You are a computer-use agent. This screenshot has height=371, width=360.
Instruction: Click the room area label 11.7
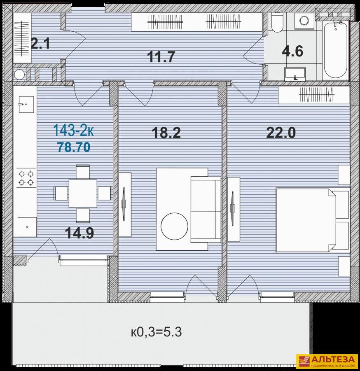pyautogui.click(x=161, y=57)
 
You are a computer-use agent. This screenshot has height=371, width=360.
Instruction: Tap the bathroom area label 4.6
pyautogui.click(x=292, y=51)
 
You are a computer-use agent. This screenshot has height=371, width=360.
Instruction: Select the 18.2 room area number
pyautogui.click(x=166, y=133)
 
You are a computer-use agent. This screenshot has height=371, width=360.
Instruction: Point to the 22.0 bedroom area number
pyautogui.click(x=281, y=133)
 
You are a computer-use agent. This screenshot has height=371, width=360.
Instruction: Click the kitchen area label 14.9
pyautogui.click(x=79, y=233)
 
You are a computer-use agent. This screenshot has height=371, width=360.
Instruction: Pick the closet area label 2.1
pyautogui.click(x=40, y=44)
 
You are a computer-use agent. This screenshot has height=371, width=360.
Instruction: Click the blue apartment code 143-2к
pyautogui.click(x=74, y=130)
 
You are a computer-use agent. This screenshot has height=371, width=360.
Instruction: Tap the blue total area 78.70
pyautogui.click(x=74, y=147)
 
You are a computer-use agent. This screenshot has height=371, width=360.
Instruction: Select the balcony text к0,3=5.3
pyautogui.click(x=157, y=332)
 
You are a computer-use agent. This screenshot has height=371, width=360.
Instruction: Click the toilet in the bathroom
pyautogui.click(x=277, y=22)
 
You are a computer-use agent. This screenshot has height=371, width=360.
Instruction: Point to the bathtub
pyautogui.click(x=336, y=50)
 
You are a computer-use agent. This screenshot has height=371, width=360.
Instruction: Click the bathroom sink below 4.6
pyautogui.click(x=295, y=74)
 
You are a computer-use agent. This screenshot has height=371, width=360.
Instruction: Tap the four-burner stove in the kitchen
pyautogui.click(x=26, y=178)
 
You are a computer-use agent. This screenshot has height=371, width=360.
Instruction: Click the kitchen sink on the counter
pyautogui.click(x=26, y=104)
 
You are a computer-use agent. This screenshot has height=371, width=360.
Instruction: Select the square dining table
pyautogui.click(x=83, y=194)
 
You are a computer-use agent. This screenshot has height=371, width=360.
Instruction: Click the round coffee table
pyautogui.click(x=174, y=226)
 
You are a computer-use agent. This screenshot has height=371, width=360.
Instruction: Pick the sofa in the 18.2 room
pyautogui.click(x=206, y=210)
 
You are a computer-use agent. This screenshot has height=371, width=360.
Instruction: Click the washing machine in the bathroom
pyautogui.click(x=304, y=21)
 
